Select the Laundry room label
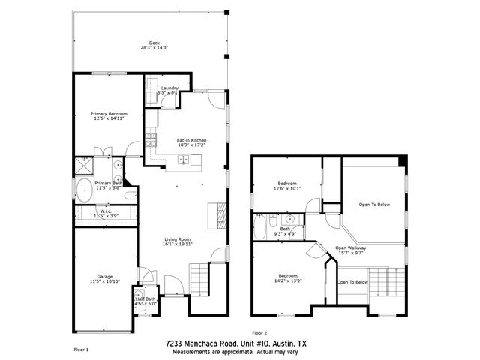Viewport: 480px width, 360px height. [169, 90]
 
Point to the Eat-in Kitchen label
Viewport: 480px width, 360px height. [191, 142]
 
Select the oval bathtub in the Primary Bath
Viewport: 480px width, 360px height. [83, 187]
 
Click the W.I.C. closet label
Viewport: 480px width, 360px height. [106, 213]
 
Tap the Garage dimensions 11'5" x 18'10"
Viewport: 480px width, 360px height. [105, 280]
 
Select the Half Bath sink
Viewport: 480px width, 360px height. [139, 293]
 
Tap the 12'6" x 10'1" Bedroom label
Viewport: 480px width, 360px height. [287, 186]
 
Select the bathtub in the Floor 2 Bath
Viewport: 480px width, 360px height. [260, 226]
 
